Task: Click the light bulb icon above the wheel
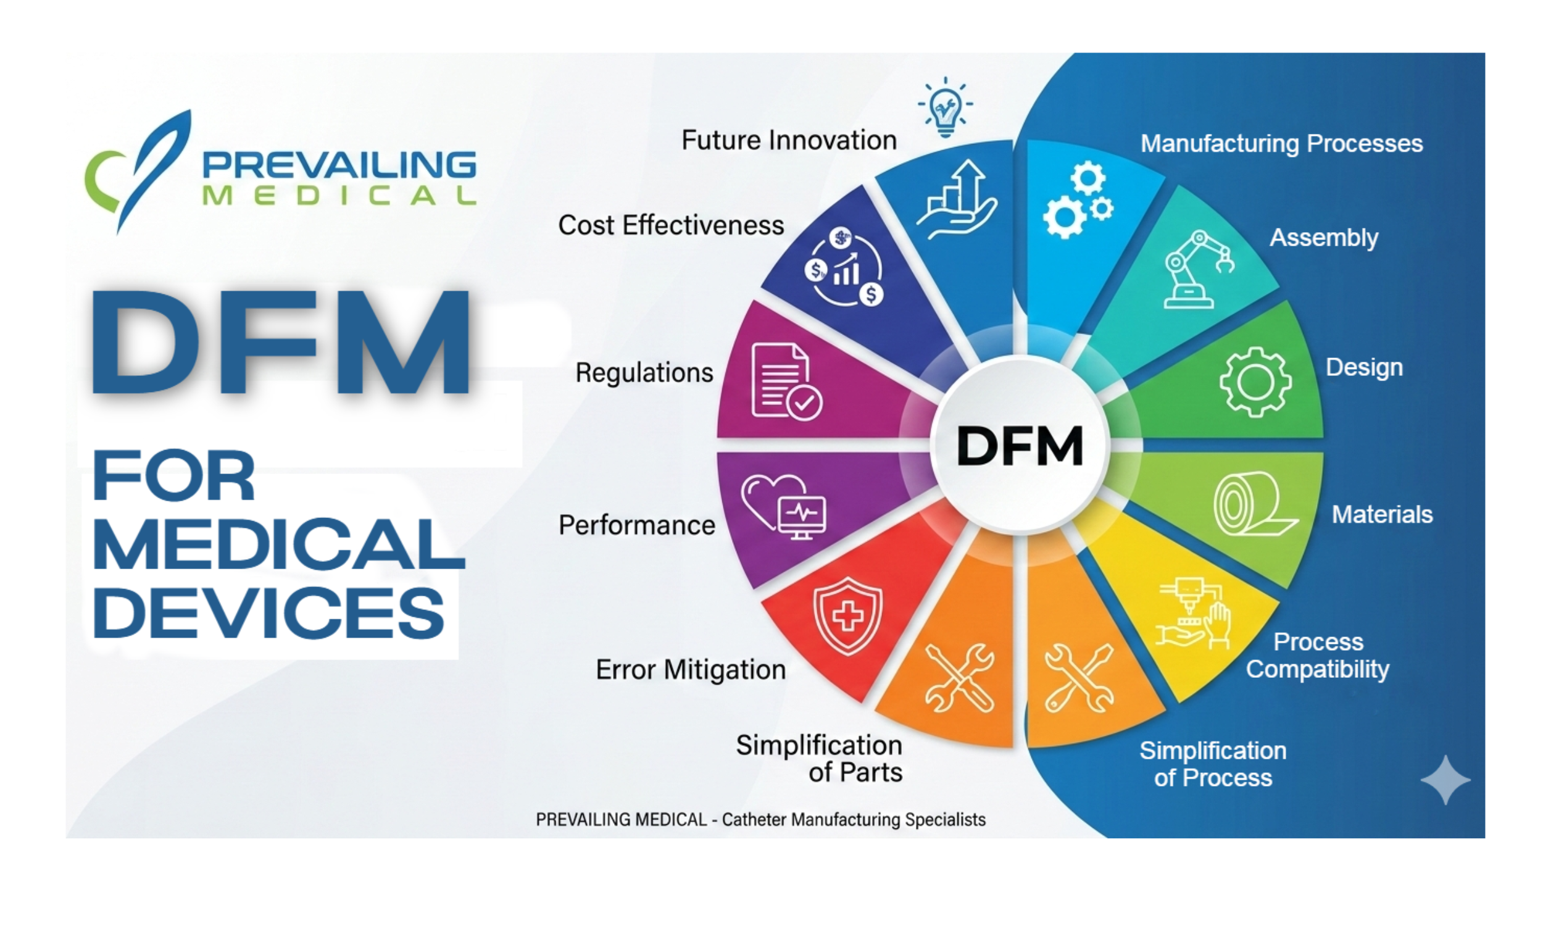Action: point(945,107)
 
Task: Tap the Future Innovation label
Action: point(788,140)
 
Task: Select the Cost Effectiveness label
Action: point(670,225)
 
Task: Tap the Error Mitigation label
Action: point(691,670)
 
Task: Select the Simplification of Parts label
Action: point(820,759)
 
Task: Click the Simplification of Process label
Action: point(1212,764)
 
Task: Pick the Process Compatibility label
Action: point(1317,656)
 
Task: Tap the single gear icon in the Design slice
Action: point(1255,382)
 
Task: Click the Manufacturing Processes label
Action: point(1281,143)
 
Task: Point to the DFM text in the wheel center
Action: point(1020,446)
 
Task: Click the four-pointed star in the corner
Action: point(1445,780)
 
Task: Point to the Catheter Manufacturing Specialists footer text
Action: point(853,819)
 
